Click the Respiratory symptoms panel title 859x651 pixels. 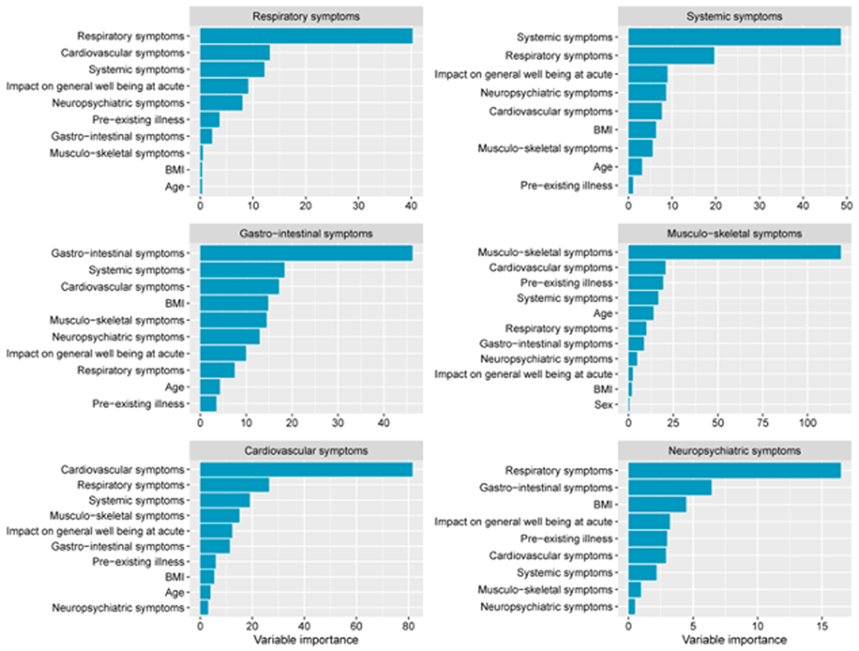[306, 15]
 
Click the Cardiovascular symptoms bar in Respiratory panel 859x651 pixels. [235, 52]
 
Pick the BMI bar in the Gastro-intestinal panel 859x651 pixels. [234, 302]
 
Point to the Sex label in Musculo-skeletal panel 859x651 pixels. [605, 404]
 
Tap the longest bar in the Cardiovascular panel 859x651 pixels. [306, 470]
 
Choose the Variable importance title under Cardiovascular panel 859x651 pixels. [306, 641]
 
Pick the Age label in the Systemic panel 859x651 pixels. [605, 167]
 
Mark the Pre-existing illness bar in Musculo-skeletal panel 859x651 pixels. [646, 283]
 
